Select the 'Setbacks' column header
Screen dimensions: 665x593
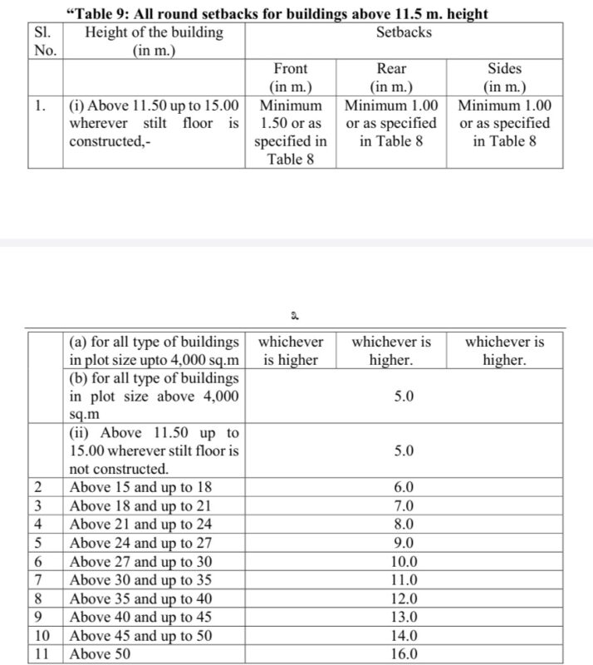403,32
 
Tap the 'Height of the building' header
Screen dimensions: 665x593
154,41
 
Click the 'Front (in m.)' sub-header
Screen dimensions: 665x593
289,77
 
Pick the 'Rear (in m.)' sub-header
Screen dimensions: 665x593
390,77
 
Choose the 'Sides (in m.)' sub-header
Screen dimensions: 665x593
504,77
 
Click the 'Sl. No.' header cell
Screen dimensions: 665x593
45,41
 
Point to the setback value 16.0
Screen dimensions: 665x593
402,653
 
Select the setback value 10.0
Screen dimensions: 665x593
402,561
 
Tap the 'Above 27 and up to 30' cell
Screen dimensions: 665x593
140,561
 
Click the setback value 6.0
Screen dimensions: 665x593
402,488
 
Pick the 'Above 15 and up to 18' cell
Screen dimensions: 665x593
140,488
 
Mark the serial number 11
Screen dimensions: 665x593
45,653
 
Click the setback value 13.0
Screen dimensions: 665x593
402,617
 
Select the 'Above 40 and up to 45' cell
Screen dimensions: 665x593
140,617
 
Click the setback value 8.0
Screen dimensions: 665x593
402,525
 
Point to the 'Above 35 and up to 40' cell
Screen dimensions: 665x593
140,598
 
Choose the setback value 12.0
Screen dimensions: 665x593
402,598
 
